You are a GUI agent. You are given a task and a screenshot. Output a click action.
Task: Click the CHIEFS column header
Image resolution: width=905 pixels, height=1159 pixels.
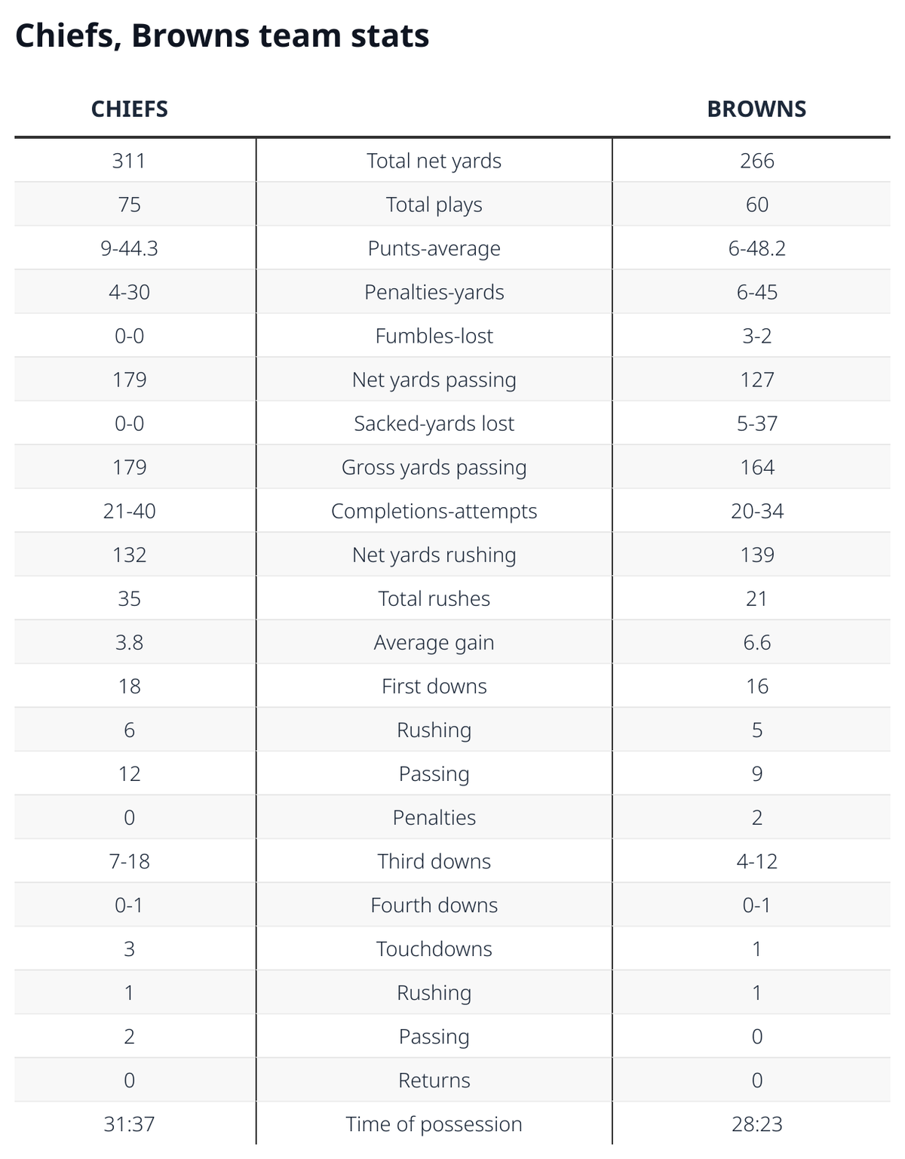130,109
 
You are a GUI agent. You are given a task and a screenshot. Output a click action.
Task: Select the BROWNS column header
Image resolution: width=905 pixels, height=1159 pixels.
756,109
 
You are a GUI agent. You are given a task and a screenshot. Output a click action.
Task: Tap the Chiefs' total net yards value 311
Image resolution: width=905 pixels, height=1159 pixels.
129,161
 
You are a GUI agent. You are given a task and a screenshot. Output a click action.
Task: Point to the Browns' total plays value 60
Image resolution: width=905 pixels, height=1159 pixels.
757,204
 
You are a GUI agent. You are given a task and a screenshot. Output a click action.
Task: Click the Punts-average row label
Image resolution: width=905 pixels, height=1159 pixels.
434,248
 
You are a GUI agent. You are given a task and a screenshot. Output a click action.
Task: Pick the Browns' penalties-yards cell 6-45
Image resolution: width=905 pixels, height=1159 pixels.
757,292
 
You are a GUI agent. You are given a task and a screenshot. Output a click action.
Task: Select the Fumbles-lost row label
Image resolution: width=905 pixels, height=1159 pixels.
434,336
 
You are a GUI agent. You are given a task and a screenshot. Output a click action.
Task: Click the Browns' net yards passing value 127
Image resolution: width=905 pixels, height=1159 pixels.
757,380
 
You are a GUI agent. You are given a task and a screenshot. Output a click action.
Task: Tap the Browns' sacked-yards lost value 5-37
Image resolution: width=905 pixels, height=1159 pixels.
757,423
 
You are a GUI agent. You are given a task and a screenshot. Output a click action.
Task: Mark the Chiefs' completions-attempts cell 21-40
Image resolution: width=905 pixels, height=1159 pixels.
130,511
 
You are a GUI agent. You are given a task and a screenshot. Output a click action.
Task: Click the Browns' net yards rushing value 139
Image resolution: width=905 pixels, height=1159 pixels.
757,555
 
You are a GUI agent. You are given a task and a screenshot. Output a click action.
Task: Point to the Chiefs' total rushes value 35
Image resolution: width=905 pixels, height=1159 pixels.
130,598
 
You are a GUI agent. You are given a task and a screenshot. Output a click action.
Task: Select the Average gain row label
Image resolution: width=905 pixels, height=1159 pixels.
434,643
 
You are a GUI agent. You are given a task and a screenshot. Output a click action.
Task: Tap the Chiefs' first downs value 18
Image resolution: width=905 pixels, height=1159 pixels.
130,686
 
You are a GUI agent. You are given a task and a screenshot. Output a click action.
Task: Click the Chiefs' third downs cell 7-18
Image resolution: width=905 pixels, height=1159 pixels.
130,861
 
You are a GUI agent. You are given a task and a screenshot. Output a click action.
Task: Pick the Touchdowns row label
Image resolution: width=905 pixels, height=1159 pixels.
434,948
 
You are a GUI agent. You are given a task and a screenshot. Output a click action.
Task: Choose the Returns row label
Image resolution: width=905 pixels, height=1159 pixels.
434,1080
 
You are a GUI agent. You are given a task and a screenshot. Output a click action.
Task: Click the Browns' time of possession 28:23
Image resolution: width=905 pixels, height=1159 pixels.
757,1124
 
